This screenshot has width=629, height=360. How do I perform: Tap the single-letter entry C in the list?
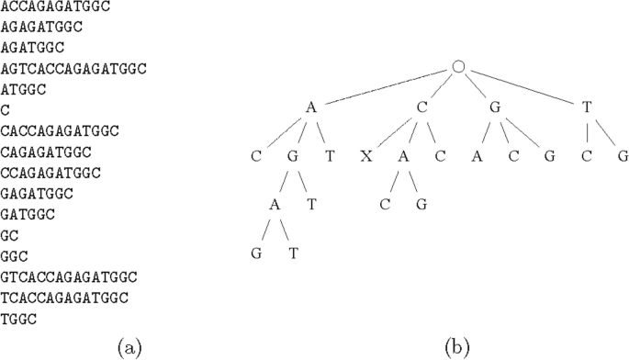point(6,110)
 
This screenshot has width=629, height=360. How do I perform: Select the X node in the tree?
point(366,156)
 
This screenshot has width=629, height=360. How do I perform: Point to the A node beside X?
point(403,156)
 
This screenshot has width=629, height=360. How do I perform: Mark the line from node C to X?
point(390,132)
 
